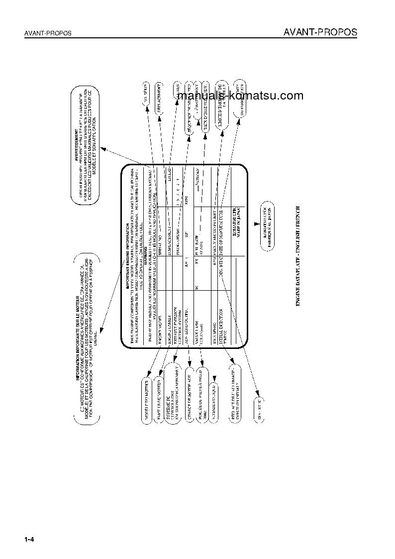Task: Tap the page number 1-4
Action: [x=28, y=540]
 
